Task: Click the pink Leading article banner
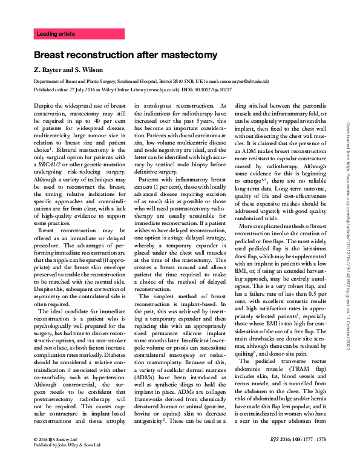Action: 79,34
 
